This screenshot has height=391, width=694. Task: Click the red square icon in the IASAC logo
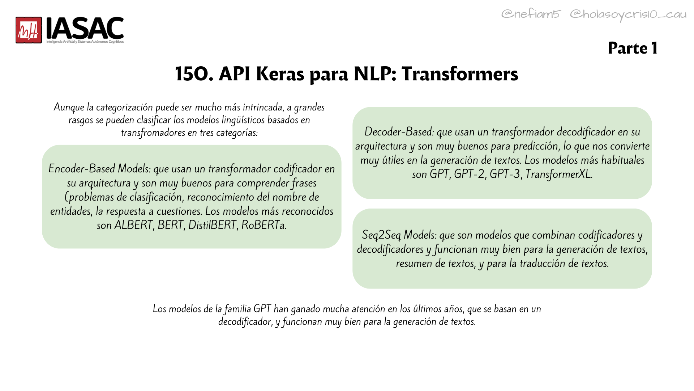pyautogui.click(x=29, y=30)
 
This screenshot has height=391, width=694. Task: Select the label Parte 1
pyautogui.click(x=633, y=48)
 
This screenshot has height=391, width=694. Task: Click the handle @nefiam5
pyautogui.click(x=531, y=14)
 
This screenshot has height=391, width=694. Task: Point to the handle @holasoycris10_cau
pyautogui.click(x=628, y=14)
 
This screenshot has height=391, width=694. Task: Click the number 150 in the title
pyautogui.click(x=194, y=74)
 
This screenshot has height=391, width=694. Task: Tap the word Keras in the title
pyautogui.click(x=280, y=74)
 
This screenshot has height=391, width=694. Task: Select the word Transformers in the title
pyautogui.click(x=460, y=74)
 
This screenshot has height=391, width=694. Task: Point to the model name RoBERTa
pyautogui.click(x=264, y=225)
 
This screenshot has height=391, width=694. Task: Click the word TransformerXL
pyautogui.click(x=559, y=174)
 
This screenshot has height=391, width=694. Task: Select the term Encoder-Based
pyautogui.click(x=82, y=169)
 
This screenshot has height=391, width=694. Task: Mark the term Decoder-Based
pyautogui.click(x=399, y=132)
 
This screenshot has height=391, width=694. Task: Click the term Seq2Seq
pyautogui.click(x=381, y=235)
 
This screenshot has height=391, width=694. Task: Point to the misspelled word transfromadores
pyautogui.click(x=153, y=133)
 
